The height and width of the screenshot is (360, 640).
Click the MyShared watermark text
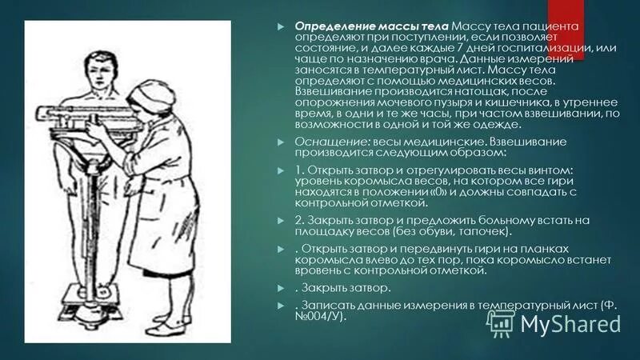click(x=571, y=323)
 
